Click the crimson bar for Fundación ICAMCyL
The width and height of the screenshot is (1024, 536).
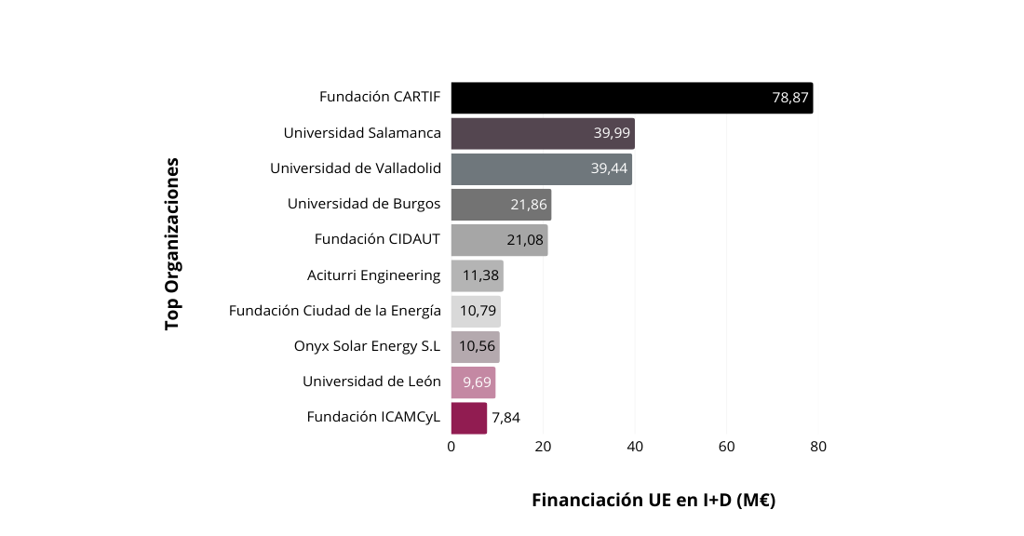point(469,418)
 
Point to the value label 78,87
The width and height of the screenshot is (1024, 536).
point(790,98)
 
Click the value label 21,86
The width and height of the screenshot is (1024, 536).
point(528,205)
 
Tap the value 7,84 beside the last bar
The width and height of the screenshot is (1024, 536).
point(505,418)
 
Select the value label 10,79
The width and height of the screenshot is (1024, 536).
point(478,311)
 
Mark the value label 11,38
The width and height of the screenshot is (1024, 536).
point(480,275)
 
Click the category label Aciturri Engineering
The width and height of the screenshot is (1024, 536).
point(373,275)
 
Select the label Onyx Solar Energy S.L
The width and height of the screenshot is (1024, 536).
point(367,346)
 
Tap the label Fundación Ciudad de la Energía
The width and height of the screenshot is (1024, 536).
point(334,311)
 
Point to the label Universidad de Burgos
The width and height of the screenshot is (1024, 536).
point(364,204)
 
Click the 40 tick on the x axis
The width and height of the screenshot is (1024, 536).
point(635,447)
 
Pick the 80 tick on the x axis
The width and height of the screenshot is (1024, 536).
point(818,447)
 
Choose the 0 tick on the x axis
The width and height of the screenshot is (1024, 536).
point(451,447)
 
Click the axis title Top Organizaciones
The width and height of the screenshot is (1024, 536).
point(172,244)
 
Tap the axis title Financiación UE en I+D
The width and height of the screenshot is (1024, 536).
point(653,501)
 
